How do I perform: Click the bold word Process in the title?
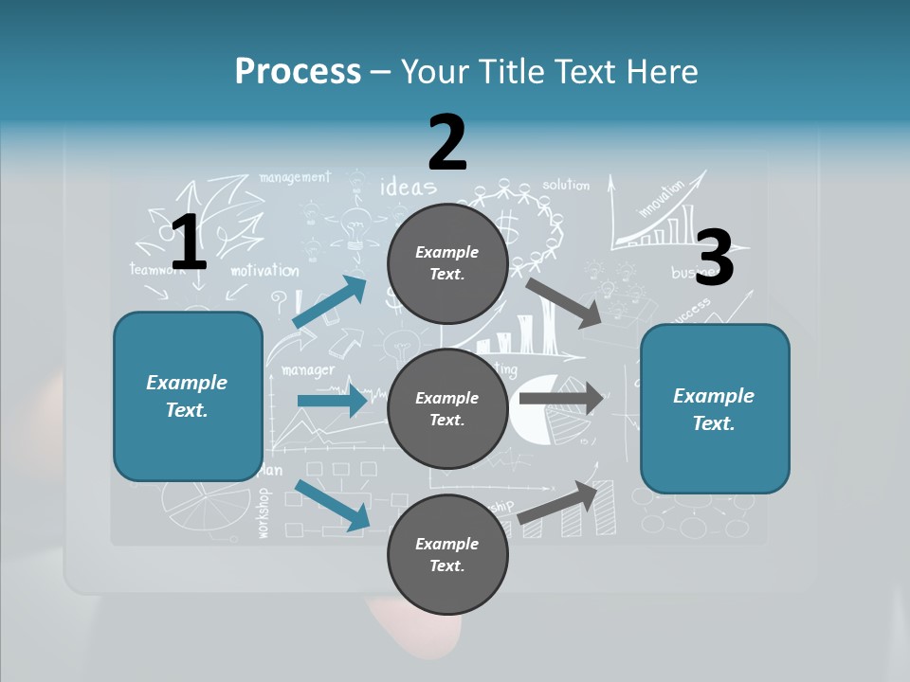point(298,71)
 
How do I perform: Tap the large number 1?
point(189,242)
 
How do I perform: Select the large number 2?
point(447,142)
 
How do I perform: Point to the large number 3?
point(714,259)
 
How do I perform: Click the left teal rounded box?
point(188,396)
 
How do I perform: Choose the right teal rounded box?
point(715,408)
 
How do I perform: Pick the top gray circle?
point(447,263)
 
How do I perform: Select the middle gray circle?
point(447,408)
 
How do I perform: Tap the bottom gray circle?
point(447,554)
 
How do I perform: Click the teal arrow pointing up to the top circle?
point(330,301)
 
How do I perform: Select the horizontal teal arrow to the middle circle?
point(332,401)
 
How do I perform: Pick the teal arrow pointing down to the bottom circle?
point(332,505)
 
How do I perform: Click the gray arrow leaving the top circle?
point(564,301)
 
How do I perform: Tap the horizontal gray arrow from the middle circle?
point(561,399)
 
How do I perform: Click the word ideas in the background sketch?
point(408,186)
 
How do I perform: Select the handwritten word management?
point(294,177)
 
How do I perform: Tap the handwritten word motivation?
point(264,271)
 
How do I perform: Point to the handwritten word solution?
point(566,185)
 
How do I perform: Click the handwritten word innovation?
point(661,200)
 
